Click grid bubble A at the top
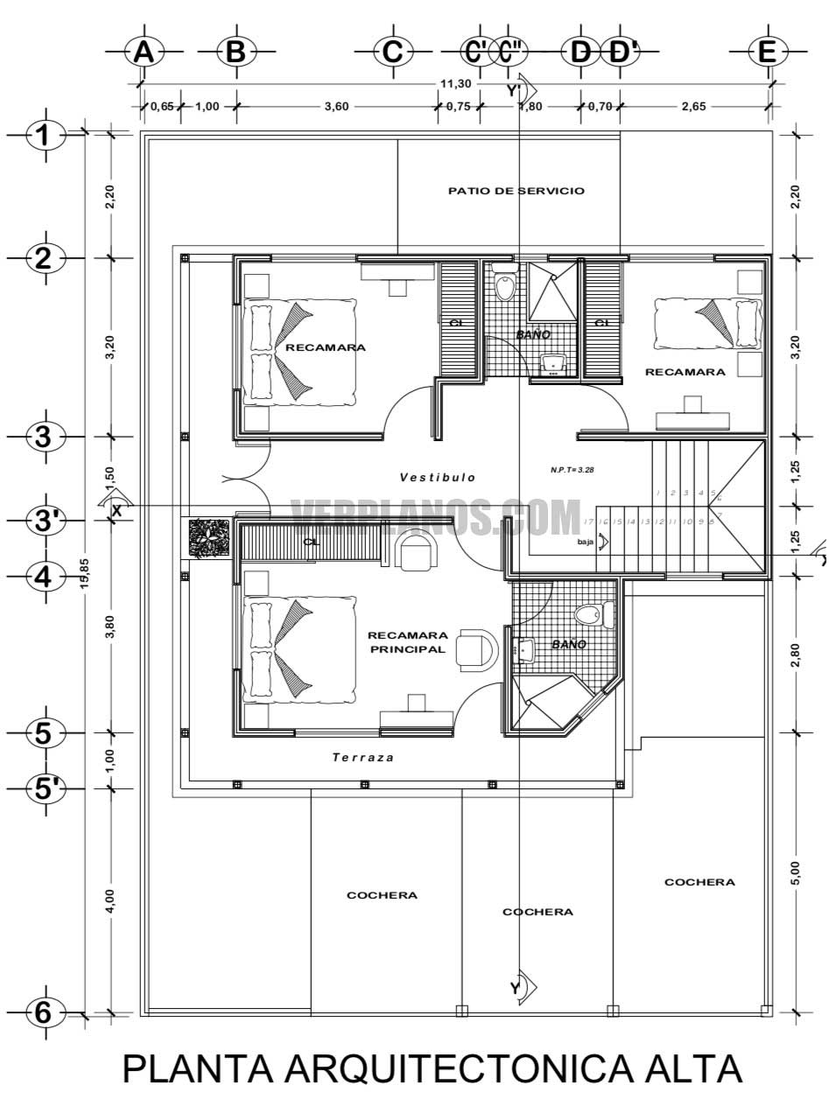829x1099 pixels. click(x=144, y=52)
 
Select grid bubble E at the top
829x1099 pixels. click(x=767, y=52)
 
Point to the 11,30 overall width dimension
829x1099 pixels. click(x=455, y=84)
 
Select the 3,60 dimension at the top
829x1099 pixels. click(x=337, y=107)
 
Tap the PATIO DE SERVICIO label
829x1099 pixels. click(x=516, y=191)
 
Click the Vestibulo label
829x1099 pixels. click(x=438, y=478)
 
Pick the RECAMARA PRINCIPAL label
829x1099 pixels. click(x=408, y=642)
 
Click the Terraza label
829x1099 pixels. click(x=362, y=758)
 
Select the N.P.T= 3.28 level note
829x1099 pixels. click(x=573, y=470)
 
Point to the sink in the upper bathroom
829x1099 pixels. click(x=553, y=364)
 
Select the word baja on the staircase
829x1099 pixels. click(x=586, y=542)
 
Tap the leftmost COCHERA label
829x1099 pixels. click(x=382, y=895)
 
